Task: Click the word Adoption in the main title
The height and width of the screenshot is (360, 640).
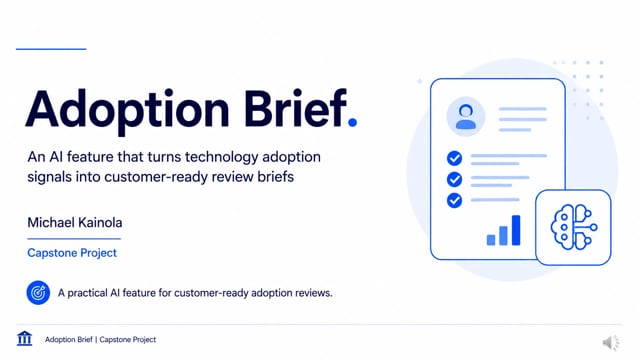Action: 127,110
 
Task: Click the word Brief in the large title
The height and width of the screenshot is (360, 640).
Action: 295,108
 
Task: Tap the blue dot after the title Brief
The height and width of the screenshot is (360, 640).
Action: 352,122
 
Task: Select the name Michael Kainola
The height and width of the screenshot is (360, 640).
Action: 75,222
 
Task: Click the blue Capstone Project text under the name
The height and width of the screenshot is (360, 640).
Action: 72,253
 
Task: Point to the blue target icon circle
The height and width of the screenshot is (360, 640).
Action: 38,293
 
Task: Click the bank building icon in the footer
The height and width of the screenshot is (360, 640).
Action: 24,338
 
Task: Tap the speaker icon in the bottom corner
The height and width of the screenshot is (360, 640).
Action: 611,343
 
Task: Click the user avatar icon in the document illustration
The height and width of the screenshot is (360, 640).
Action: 466,117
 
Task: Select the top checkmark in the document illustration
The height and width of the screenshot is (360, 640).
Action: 454,158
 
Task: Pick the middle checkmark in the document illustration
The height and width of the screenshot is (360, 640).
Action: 454,179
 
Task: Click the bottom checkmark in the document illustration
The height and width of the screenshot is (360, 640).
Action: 454,200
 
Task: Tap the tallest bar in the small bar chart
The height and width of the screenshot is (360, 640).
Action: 516,230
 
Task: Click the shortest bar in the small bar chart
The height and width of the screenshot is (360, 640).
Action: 491,240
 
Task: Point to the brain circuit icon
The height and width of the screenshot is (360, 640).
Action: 574,227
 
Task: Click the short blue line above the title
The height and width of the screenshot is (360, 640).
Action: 51,49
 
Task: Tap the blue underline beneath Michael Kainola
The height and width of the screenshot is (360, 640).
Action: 74,239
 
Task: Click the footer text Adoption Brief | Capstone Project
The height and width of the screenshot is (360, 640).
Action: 100,340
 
